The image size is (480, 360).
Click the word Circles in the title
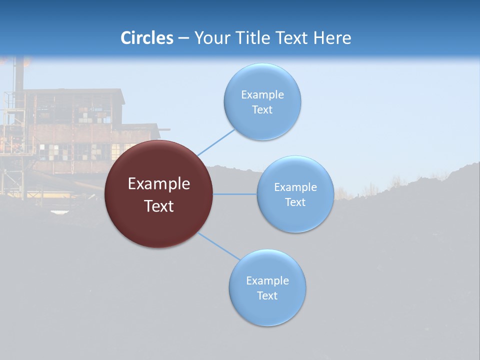point(147,38)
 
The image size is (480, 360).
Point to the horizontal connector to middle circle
point(234,194)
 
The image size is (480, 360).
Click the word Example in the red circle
point(158,184)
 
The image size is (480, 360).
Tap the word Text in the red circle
point(158,206)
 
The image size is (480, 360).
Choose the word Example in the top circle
point(262,95)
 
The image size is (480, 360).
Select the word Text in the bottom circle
point(267,295)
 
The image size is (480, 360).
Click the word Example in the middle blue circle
point(295,187)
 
